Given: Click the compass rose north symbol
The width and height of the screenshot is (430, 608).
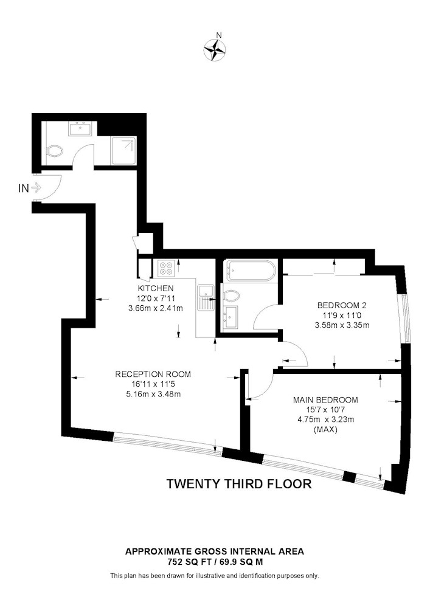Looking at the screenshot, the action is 215,50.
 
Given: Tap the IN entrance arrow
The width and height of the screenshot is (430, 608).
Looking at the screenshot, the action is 36,188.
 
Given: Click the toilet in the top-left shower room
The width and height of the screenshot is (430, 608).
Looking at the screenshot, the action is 54,151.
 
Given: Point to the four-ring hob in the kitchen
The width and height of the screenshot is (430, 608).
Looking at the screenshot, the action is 166,268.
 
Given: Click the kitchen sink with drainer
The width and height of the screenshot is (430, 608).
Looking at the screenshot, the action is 206,297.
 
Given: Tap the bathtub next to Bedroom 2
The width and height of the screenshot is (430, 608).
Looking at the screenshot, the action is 251,271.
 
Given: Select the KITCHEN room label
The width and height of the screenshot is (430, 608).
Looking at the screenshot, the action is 156,288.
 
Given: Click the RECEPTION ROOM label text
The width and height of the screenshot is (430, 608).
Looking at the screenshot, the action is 153,374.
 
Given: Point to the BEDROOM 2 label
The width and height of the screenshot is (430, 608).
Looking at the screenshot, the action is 342,305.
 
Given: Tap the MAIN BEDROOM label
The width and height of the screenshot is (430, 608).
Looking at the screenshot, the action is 325,400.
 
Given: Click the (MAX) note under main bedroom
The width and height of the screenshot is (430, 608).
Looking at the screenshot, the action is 325,429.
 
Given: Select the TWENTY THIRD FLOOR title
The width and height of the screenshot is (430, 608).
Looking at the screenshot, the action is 239,484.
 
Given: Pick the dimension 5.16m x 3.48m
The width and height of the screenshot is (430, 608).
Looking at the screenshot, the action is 153,395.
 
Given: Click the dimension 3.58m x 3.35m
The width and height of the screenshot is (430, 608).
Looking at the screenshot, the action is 342,325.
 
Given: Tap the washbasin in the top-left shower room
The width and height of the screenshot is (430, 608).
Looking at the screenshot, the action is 81,128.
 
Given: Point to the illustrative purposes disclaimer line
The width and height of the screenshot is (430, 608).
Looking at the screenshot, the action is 215,576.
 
